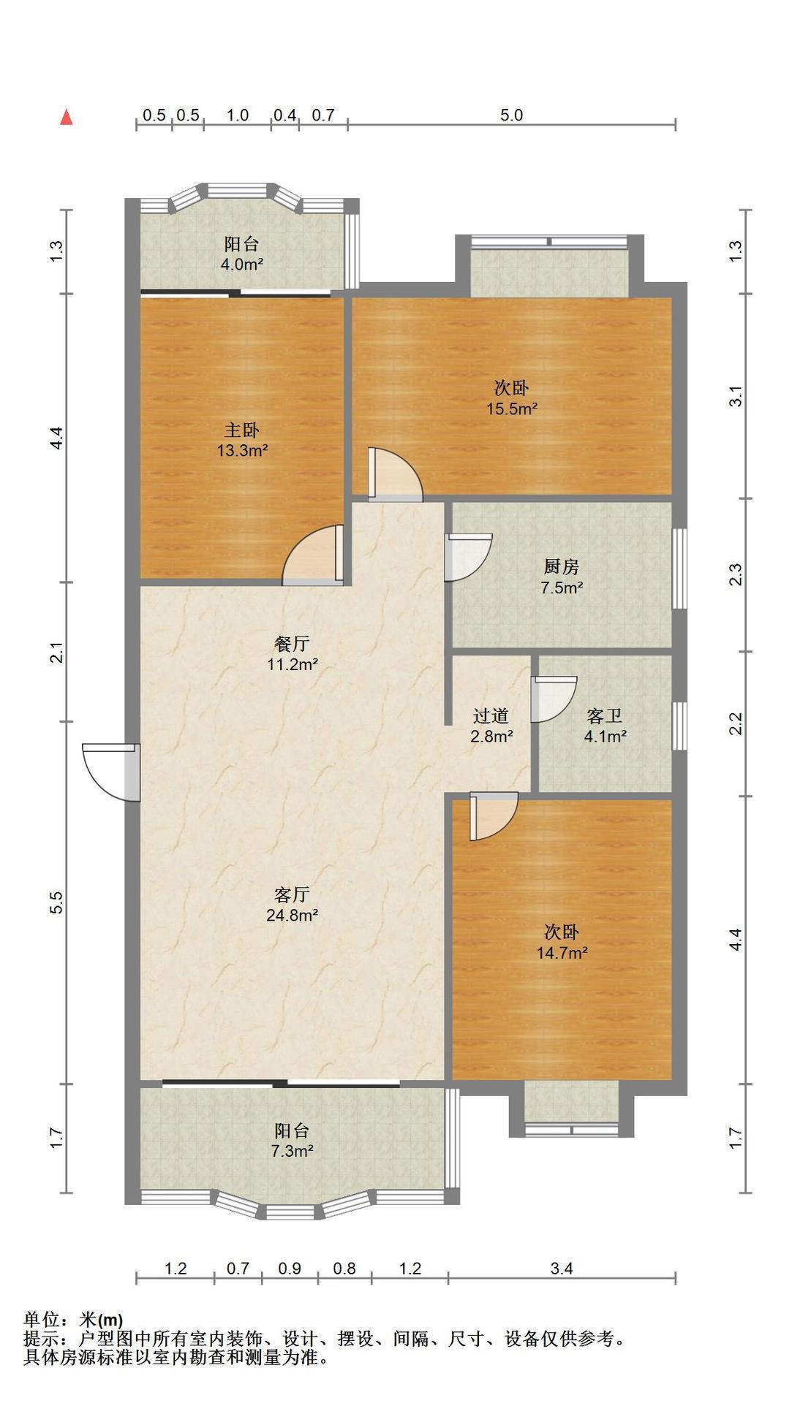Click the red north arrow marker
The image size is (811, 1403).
67,117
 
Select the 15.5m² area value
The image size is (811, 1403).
513,408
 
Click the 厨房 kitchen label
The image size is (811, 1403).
562,566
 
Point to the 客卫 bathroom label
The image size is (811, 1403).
605,716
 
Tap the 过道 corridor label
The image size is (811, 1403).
491,716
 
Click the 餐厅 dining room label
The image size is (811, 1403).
292,644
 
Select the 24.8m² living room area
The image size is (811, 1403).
292,915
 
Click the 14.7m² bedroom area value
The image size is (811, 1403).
562,953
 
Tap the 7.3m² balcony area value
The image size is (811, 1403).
292,1151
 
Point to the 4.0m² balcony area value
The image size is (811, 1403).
242,265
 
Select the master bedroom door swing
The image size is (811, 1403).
313,555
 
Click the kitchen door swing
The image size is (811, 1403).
468,558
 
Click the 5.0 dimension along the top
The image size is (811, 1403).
511,115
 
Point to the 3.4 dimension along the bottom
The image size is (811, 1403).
562,1269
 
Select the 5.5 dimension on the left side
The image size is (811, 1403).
58,902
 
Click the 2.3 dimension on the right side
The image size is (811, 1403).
736,574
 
